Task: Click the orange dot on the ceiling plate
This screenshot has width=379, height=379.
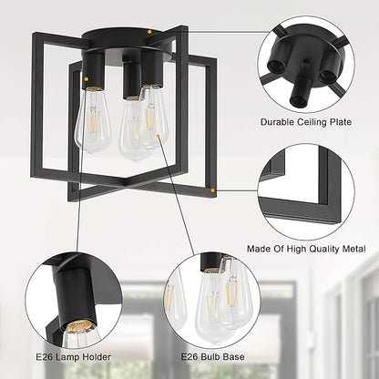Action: point(149,31)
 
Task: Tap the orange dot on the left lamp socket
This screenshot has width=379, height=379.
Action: point(87,79)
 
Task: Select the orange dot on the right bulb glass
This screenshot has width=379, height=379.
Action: point(158,136)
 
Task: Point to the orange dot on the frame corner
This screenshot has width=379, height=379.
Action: point(212,190)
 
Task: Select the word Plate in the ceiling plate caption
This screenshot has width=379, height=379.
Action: point(340,122)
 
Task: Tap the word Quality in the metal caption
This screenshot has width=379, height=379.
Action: point(323,249)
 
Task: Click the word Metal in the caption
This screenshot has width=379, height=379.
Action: point(353,249)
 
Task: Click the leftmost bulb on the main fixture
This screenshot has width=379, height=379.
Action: point(93,120)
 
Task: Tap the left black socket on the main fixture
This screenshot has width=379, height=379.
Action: point(94,70)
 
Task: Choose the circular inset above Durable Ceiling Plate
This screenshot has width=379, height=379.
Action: point(306,65)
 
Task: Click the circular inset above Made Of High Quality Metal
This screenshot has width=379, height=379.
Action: point(306,192)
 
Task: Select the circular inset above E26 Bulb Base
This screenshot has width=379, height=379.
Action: point(212,301)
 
